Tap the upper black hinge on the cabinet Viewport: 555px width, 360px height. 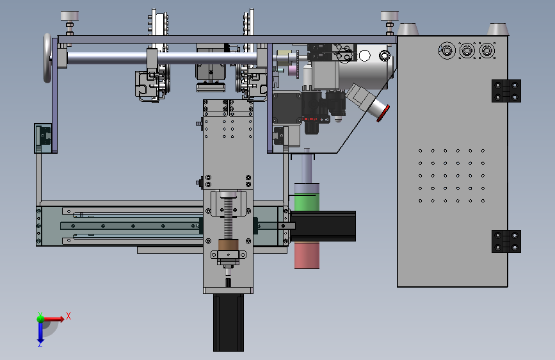[506, 91]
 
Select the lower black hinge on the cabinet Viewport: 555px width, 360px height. [506, 241]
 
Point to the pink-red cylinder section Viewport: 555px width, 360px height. [307, 255]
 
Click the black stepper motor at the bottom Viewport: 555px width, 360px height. [229, 322]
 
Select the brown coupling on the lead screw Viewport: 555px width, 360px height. [229, 245]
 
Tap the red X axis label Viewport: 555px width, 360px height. [68, 316]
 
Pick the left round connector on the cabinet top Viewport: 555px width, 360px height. [447, 51]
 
